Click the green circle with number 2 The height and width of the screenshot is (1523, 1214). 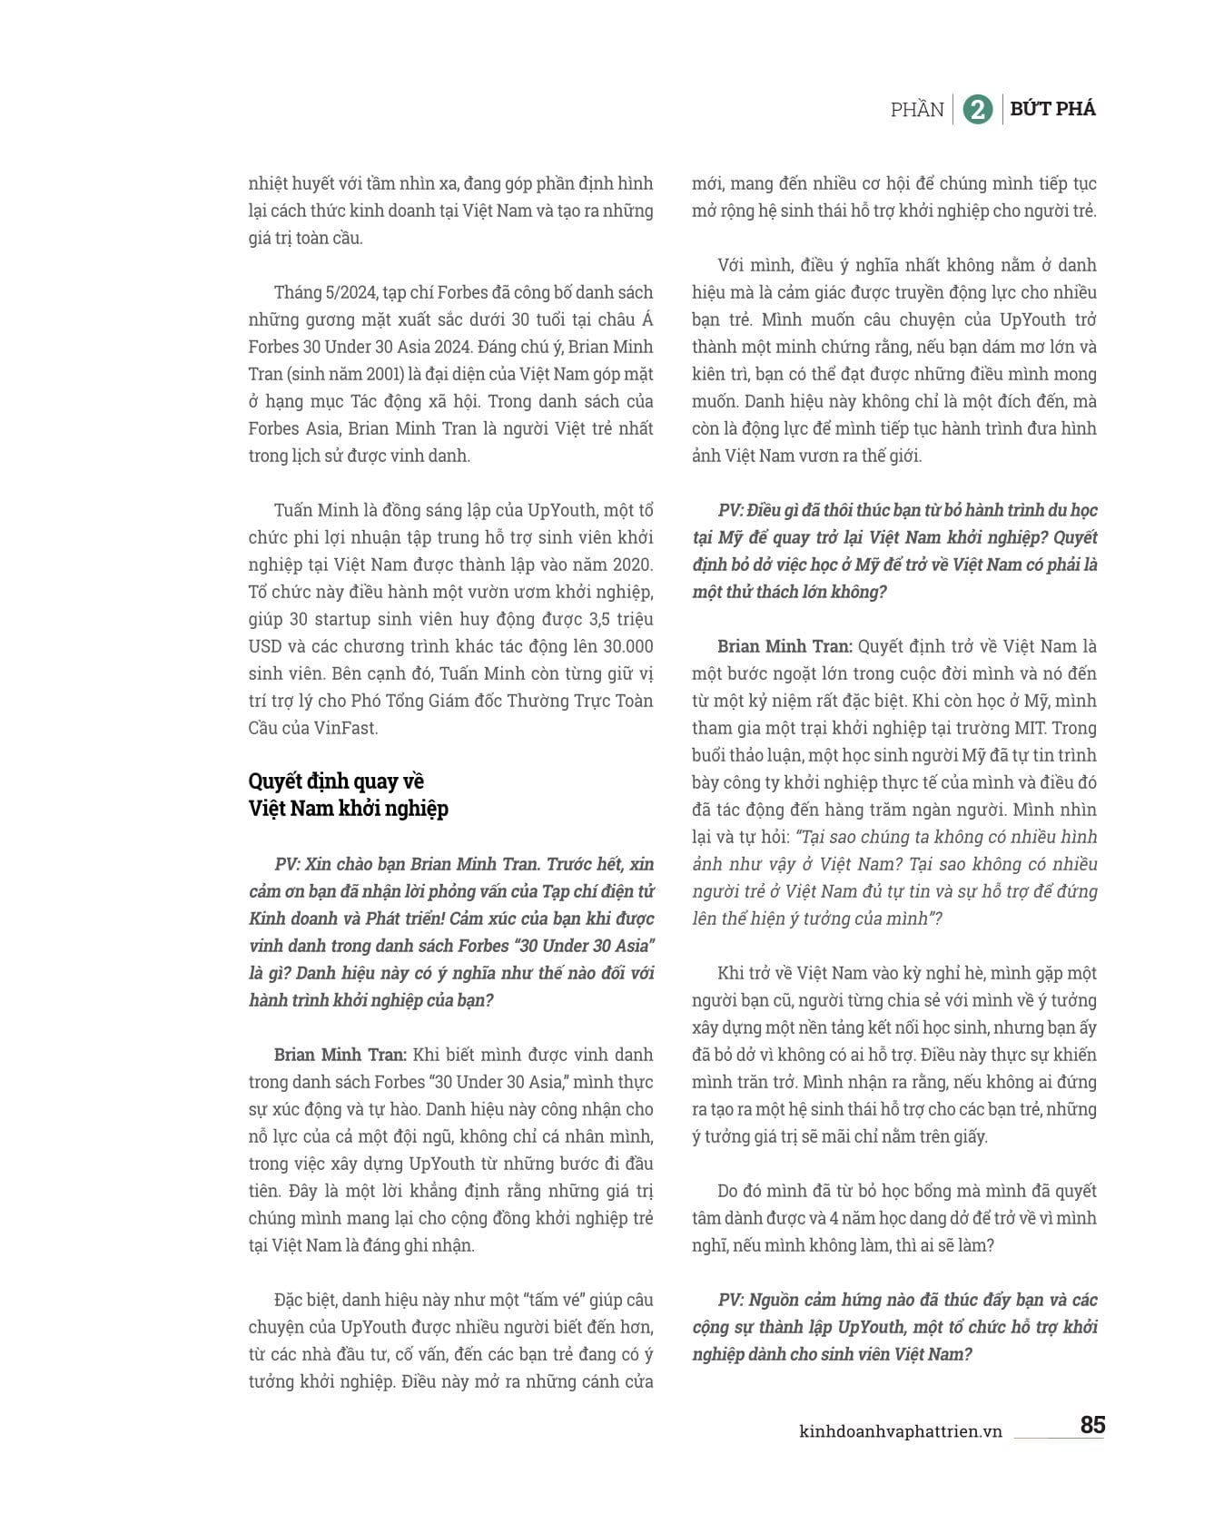(977, 110)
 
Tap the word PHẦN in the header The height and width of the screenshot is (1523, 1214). (917, 110)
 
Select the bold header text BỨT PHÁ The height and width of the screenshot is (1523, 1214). (1053, 109)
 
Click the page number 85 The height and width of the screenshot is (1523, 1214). (1092, 1425)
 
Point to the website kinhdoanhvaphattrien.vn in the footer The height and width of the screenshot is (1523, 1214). (900, 1431)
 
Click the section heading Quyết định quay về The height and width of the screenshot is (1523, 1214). (336, 781)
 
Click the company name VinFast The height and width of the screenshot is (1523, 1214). (345, 728)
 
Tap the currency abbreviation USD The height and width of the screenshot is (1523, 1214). (265, 646)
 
